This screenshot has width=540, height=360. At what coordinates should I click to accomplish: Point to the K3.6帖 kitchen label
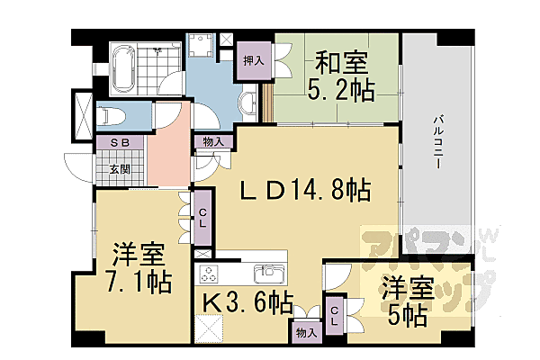[x=243, y=303]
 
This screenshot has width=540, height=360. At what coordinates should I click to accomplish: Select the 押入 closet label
[x=253, y=61]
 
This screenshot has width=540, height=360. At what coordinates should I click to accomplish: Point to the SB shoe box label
[x=120, y=143]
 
